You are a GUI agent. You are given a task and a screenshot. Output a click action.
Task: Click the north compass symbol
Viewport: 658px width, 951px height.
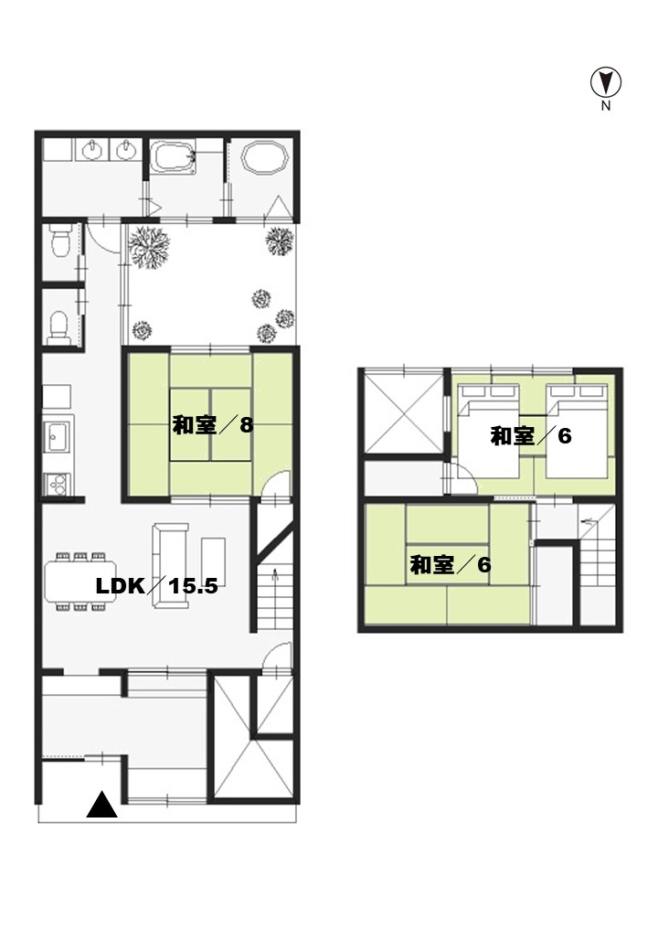(606, 82)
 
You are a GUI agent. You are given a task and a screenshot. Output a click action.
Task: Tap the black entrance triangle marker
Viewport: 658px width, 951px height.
(101, 805)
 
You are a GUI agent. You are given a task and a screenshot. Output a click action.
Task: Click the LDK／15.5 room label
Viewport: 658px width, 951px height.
(157, 586)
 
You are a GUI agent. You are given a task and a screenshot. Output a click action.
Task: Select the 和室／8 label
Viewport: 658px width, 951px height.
(213, 425)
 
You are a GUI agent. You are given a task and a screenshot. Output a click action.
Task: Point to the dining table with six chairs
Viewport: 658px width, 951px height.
(80, 581)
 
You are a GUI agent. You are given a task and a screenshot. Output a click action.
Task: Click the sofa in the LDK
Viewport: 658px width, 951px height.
(169, 565)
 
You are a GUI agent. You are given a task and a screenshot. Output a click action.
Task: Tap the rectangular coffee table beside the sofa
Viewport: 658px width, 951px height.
(213, 561)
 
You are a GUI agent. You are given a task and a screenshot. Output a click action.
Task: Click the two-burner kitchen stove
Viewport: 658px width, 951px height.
(58, 484)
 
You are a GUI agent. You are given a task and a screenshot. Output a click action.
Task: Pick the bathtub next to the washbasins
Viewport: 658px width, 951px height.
(173, 158)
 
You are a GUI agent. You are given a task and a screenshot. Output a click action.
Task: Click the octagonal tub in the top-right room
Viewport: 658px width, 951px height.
(264, 157)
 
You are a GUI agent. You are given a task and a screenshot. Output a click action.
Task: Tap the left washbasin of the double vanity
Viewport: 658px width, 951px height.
(92, 149)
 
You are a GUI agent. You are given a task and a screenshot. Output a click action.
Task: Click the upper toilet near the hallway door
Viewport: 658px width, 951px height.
(60, 240)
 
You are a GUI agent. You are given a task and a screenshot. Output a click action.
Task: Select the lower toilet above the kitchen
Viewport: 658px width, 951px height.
(58, 327)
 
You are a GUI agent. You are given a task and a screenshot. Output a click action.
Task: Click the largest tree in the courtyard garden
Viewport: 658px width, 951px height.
(148, 246)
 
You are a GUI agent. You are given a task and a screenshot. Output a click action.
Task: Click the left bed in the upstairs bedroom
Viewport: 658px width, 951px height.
(488, 431)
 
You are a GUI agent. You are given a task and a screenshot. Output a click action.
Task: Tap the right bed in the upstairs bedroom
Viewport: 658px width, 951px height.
(576, 431)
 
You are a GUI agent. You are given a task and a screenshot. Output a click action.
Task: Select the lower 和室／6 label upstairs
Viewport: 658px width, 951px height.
(451, 565)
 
